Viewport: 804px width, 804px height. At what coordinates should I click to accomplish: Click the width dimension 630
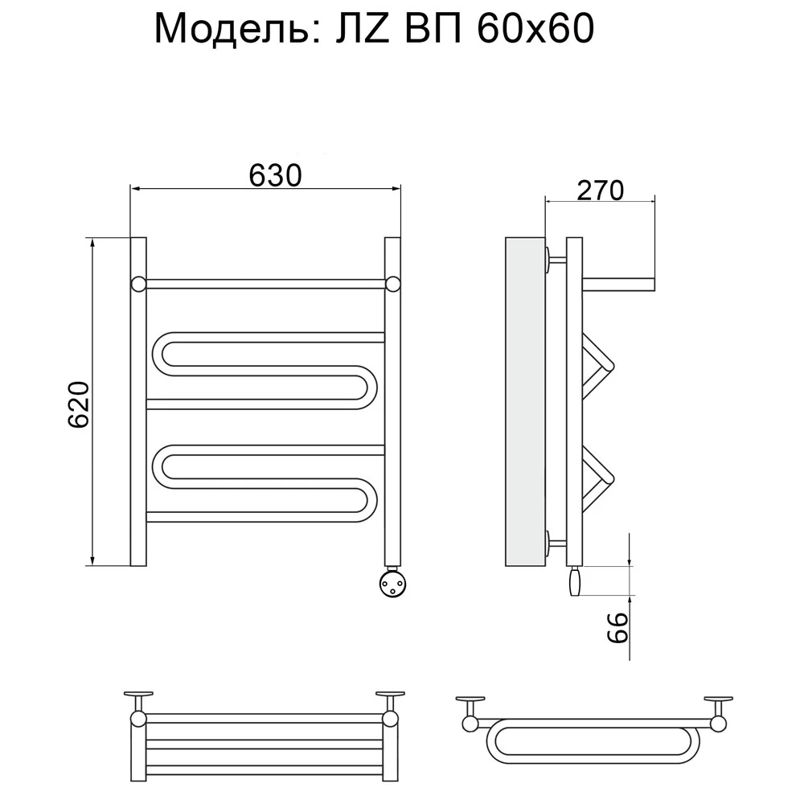[x=275, y=175]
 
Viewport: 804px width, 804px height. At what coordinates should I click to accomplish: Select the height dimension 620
[x=79, y=404]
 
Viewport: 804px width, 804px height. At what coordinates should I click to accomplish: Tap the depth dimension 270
[x=601, y=191]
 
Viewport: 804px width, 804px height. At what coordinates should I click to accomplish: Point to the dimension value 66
[x=617, y=628]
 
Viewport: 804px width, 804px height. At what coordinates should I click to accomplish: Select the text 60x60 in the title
[x=535, y=28]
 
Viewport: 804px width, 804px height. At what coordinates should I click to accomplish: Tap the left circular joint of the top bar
[x=139, y=284]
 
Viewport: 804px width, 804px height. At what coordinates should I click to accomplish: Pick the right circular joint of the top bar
[x=393, y=284]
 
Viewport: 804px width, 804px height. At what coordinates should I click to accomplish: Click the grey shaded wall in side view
[x=525, y=401]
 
